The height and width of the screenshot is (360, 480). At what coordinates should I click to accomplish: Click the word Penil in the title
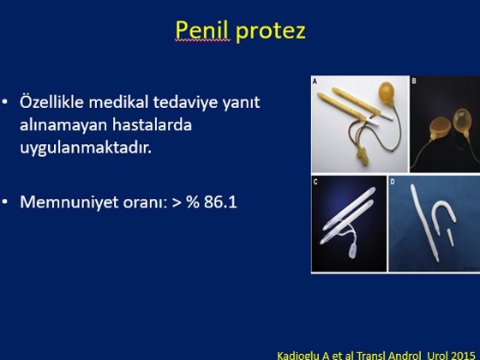coord(202,30)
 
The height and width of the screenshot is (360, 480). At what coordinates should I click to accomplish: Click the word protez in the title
coord(271,32)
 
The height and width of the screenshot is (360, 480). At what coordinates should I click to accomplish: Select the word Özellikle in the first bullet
coord(51,101)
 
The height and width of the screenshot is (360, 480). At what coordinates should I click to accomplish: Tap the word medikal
coord(118,102)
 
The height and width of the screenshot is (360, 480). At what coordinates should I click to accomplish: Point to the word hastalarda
coord(152,124)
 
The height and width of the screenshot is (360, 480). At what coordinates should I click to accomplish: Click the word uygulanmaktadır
coord(86,147)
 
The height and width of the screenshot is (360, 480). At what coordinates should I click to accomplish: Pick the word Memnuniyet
coord(69,202)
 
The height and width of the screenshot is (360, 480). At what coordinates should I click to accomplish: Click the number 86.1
coord(220,202)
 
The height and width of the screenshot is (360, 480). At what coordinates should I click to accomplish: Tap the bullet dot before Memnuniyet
coord(5,202)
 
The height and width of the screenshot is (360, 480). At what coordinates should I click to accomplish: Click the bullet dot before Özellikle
coord(5,102)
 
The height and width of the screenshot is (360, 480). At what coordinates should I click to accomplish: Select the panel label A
coord(315,81)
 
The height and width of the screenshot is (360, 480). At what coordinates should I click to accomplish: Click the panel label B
coord(414,81)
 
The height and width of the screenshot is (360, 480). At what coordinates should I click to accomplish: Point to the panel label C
coord(315,182)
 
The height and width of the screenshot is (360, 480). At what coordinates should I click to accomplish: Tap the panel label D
coord(393,182)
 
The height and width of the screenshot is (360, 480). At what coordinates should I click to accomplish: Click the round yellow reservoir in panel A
coord(387,93)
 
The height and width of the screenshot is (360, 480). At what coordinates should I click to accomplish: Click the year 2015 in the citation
coord(463,356)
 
